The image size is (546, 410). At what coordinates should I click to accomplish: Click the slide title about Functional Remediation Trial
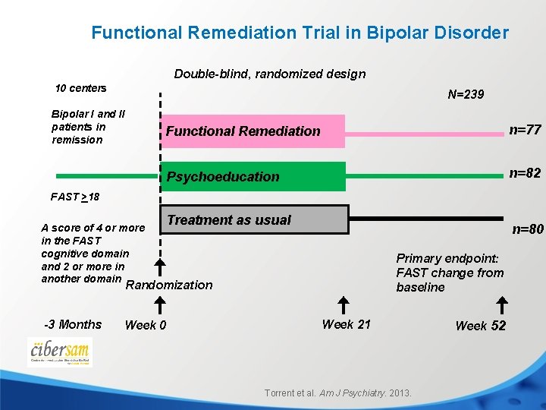300,33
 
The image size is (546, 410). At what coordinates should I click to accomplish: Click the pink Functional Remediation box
254,131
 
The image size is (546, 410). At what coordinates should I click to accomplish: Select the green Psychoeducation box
254,177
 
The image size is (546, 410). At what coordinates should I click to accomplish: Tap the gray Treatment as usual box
254,220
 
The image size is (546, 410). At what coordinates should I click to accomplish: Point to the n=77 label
524,130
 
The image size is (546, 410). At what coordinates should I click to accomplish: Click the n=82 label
524,173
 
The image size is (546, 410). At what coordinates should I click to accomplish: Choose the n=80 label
528,229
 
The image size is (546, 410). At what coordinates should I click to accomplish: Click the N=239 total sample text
466,95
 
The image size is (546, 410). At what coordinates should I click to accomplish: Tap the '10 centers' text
81,88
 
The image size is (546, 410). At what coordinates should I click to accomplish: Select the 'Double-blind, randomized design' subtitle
269,74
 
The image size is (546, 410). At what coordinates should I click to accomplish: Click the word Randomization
168,285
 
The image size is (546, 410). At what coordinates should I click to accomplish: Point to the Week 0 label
145,326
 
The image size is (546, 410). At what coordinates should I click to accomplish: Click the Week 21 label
346,324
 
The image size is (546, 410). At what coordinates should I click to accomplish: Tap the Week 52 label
480,326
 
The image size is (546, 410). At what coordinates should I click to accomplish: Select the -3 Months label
73,324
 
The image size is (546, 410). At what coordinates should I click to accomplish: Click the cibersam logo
59,352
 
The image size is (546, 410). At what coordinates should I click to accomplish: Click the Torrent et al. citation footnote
337,393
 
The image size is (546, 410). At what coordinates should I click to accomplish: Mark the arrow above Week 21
343,305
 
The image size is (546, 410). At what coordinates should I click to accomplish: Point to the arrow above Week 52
502,305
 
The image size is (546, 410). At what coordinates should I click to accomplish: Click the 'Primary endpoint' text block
449,273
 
